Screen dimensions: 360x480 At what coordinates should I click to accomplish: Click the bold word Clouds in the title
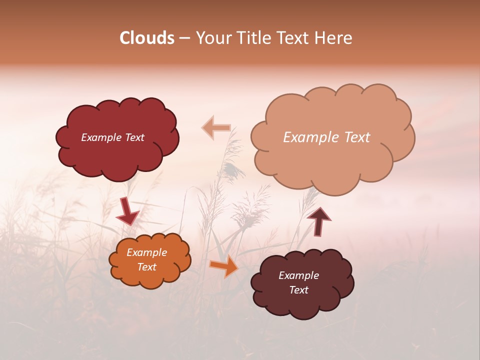(147, 38)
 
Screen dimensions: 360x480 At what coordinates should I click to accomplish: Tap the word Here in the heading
(334, 38)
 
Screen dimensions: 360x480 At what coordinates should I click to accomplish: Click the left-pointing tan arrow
(216, 128)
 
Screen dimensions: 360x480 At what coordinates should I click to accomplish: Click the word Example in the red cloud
(101, 137)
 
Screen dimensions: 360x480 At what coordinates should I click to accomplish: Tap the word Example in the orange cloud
(146, 252)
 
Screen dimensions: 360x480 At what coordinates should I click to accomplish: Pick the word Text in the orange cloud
(147, 267)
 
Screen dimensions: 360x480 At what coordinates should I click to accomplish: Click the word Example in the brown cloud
(298, 275)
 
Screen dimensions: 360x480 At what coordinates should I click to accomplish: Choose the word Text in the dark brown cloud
(299, 290)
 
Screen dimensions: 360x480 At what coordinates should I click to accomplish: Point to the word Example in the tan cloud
(306, 137)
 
